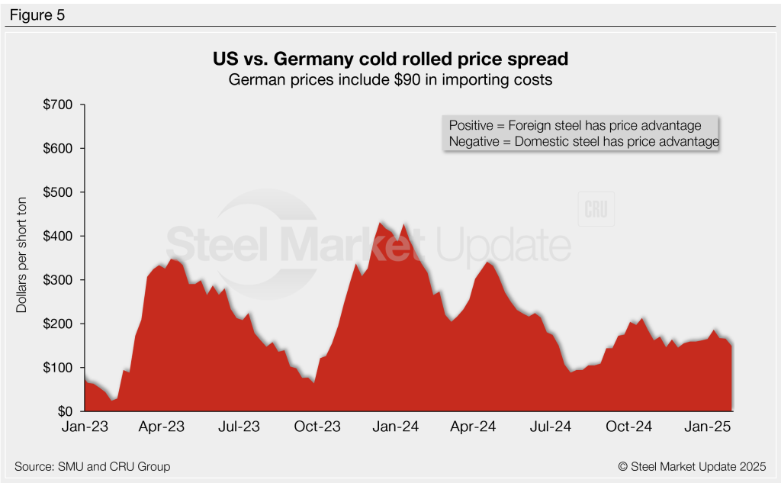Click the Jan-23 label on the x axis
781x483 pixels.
tap(84, 427)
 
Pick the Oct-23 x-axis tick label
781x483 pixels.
tap(317, 427)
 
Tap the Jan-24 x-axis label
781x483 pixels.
tap(395, 427)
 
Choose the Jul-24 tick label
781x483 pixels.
tap(551, 427)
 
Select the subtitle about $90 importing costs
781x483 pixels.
tap(390, 79)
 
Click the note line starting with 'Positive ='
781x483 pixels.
tap(580, 125)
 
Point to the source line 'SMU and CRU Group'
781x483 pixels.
tap(92, 466)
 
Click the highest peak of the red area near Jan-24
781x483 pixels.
tap(381, 222)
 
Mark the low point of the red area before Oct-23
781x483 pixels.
tap(313, 382)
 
